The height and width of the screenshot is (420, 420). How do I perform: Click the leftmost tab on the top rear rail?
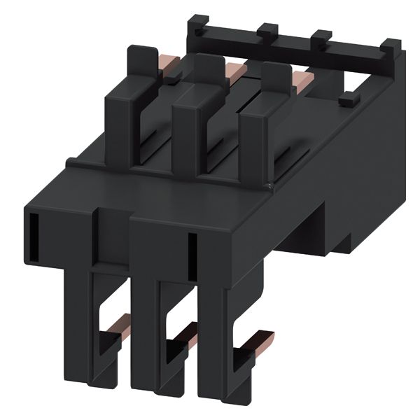[x=195, y=24]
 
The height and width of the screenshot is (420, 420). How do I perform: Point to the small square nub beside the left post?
[x=171, y=80]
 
